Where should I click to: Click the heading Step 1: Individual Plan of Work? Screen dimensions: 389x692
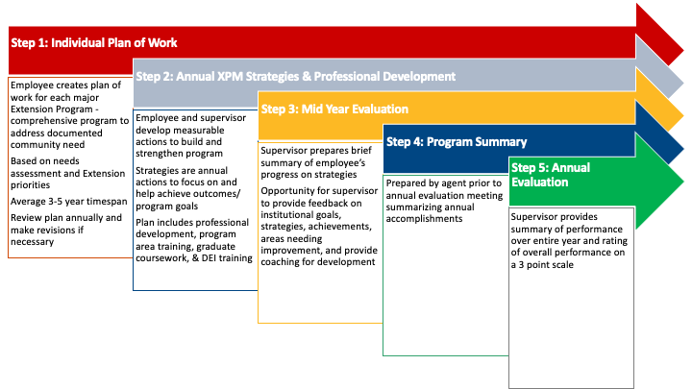94,43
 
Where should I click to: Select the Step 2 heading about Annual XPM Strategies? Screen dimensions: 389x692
295,76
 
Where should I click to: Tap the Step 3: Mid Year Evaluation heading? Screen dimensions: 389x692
334,109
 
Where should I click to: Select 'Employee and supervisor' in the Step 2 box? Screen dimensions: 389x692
190,117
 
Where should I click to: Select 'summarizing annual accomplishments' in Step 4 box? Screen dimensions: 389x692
441,212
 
